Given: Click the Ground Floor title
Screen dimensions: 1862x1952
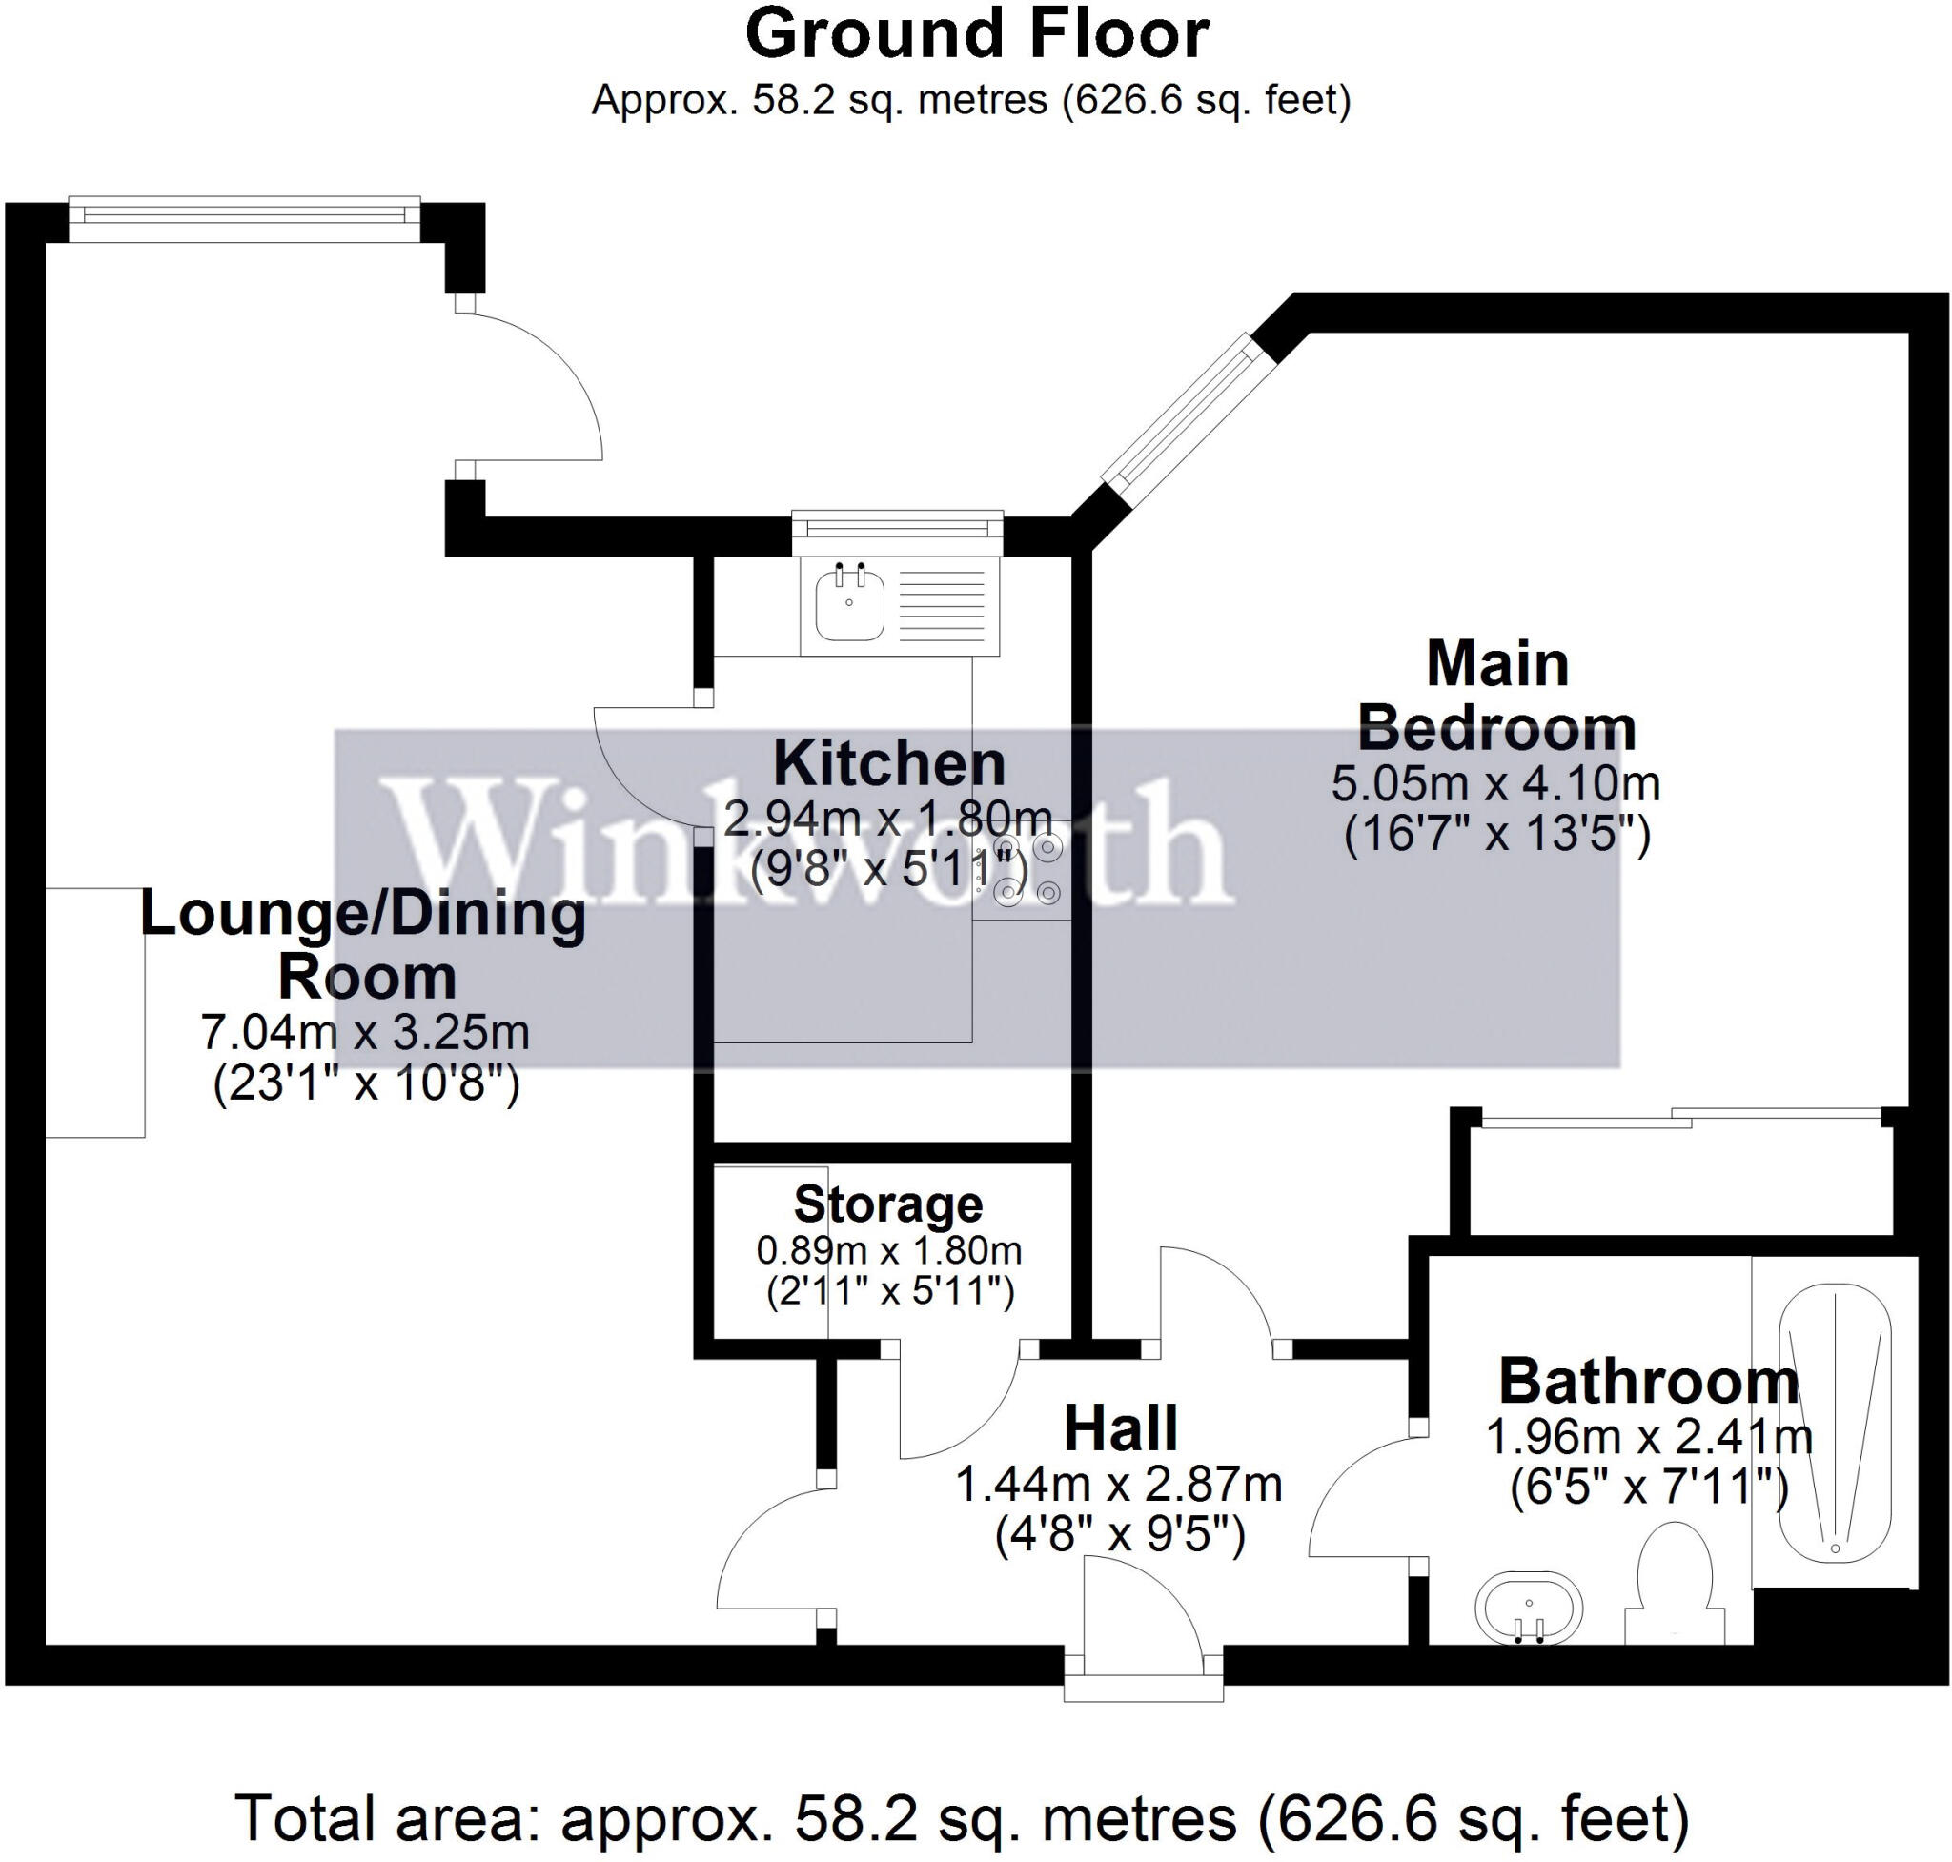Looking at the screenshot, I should point(976,35).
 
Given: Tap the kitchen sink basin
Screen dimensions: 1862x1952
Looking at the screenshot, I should point(849,605).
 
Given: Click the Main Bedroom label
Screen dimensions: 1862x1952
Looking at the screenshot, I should point(1496,696).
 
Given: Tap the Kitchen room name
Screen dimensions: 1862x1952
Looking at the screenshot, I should point(888,764).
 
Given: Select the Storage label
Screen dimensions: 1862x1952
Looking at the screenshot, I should point(887,1204).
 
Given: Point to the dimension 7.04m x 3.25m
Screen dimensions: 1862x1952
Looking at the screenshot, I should point(365,1032).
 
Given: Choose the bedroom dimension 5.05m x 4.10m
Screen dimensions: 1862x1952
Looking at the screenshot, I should point(1495,784).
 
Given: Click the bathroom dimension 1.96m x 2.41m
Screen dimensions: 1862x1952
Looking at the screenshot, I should point(1648,1436).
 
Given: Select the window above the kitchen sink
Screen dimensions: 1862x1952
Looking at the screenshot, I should point(898,525).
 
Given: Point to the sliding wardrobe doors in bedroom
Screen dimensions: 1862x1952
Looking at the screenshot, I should point(1680,1120).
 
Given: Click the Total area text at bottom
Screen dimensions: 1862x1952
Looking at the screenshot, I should point(961,1818).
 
